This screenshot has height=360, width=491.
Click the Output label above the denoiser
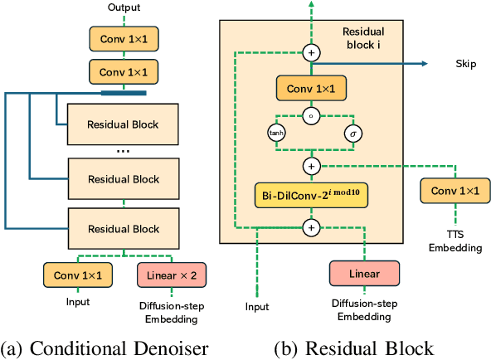(x=124, y=8)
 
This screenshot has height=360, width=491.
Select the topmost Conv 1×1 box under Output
(x=124, y=37)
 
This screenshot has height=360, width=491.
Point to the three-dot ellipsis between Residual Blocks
(x=124, y=151)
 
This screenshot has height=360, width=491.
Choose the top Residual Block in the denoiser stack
(x=124, y=124)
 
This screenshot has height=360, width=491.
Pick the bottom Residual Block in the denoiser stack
(x=124, y=228)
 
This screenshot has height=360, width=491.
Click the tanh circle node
(x=275, y=133)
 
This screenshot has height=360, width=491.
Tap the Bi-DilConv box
(x=312, y=196)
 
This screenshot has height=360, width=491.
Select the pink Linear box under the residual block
(x=364, y=274)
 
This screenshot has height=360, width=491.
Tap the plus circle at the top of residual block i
(x=312, y=52)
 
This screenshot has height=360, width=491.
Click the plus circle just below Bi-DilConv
(x=312, y=226)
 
